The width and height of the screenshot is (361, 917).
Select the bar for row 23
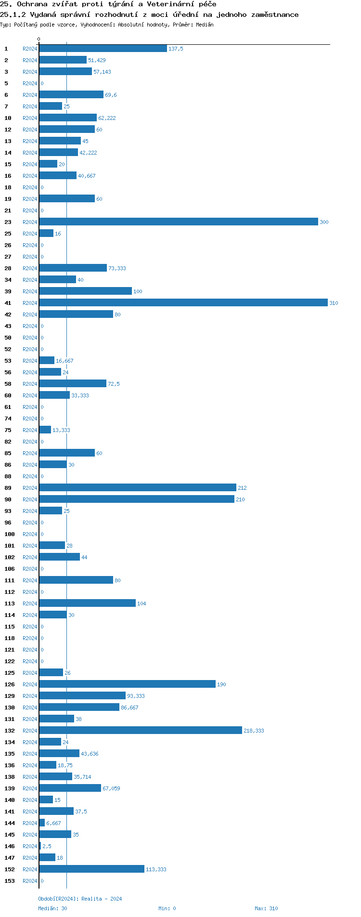click(178, 222)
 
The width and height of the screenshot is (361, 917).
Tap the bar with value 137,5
click(103, 48)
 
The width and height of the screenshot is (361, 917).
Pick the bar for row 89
click(138, 487)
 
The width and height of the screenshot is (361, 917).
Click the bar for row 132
click(141, 730)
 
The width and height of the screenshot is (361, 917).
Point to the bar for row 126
click(128, 684)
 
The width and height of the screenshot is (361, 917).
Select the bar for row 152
click(92, 869)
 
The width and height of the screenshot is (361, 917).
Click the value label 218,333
click(254, 731)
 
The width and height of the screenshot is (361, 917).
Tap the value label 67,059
click(111, 788)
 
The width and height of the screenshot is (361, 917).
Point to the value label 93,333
click(136, 696)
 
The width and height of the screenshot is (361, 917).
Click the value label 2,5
click(47, 846)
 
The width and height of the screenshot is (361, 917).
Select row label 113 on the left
click(10, 603)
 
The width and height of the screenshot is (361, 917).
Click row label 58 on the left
click(8, 384)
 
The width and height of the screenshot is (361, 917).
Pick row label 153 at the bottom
click(10, 881)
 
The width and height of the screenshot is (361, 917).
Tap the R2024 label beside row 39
click(30, 291)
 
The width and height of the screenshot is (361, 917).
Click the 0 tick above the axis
click(39, 39)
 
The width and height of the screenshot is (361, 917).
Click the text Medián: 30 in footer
click(53, 908)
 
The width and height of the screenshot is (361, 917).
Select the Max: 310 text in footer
click(266, 908)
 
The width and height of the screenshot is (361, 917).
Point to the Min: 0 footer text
click(167, 908)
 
